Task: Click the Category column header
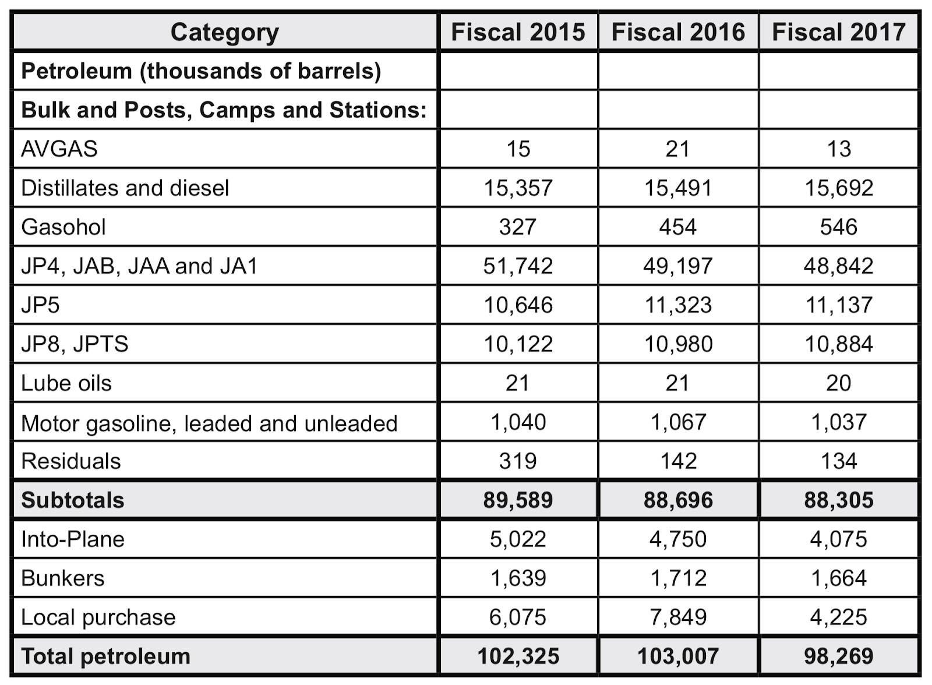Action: pos(225,33)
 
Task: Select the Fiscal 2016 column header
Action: pos(678,32)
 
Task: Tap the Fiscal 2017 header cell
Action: pos(839,32)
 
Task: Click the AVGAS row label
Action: pos(59,149)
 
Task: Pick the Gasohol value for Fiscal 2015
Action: pos(518,227)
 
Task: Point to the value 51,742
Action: pos(518,266)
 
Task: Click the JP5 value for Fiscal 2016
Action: pos(678,305)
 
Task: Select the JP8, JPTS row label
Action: pos(75,344)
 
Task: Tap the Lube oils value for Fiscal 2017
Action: pos(839,383)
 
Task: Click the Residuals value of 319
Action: pos(518,461)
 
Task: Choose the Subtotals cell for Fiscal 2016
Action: pos(678,500)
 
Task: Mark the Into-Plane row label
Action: pos(73,539)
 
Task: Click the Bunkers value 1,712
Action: pos(678,578)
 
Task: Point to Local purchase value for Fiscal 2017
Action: pos(839,617)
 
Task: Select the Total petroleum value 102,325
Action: pos(518,656)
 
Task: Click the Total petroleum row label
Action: pos(105,656)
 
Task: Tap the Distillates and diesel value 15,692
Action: pos(839,188)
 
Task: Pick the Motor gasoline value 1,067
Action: pos(678,422)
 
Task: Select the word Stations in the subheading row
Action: pos(378,110)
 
